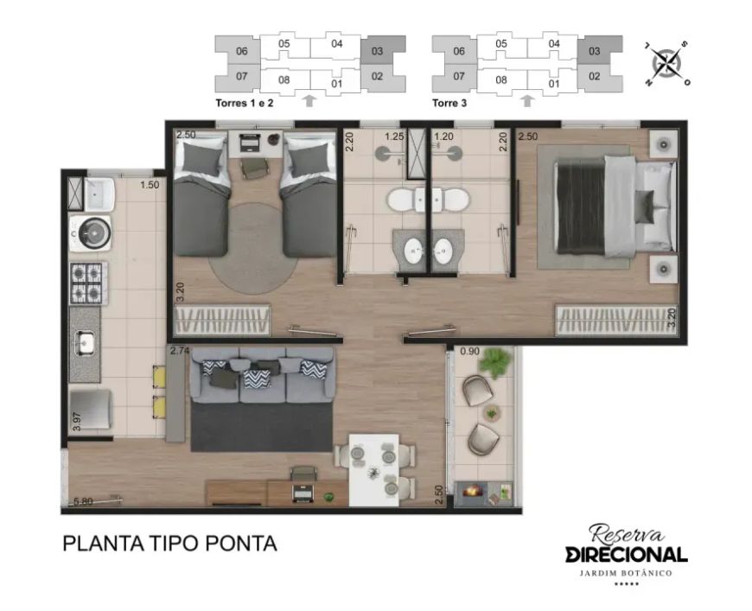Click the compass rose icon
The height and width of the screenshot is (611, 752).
pyautogui.click(x=666, y=63)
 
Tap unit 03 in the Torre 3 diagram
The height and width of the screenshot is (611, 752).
pyautogui.click(x=594, y=51)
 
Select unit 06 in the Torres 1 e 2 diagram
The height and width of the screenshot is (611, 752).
pyautogui.click(x=242, y=51)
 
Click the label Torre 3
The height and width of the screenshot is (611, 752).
pyautogui.click(x=449, y=103)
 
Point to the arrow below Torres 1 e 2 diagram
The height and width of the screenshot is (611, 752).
pyautogui.click(x=309, y=100)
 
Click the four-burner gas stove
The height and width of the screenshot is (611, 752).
pyautogui.click(x=87, y=283)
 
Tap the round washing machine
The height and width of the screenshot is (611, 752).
pyautogui.click(x=91, y=233)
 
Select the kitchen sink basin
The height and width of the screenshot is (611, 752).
pyautogui.click(x=86, y=343)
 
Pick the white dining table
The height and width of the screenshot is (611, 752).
pyautogui.click(x=374, y=470)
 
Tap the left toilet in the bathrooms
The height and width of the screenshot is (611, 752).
pyautogui.click(x=404, y=200)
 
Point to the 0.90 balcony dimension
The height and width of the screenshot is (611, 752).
pyautogui.click(x=469, y=352)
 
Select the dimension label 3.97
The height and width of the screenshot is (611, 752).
pyautogui.click(x=76, y=421)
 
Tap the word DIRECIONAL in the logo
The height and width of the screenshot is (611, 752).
pyautogui.click(x=627, y=555)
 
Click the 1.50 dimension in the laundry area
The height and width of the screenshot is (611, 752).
pyautogui.click(x=150, y=185)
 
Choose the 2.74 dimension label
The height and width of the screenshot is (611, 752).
pyautogui.click(x=180, y=351)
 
